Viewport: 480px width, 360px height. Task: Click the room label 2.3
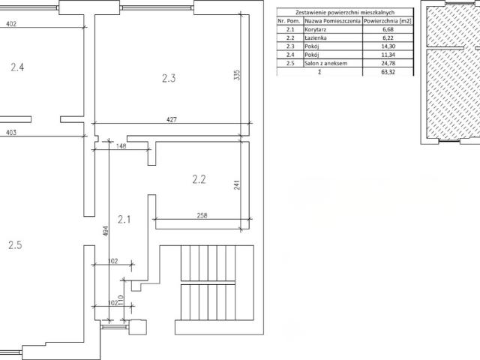click(x=169, y=78)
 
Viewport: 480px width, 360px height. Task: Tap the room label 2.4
click(x=17, y=67)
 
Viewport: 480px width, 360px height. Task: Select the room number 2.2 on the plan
click(x=199, y=179)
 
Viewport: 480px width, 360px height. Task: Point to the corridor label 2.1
click(x=124, y=219)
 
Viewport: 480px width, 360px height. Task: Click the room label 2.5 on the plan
click(x=15, y=245)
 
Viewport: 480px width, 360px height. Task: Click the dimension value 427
click(x=172, y=119)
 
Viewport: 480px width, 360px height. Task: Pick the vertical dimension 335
click(x=237, y=75)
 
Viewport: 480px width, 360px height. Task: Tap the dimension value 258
click(x=202, y=215)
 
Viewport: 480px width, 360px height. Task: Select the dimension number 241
click(x=237, y=184)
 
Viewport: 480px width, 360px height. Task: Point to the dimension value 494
click(x=106, y=231)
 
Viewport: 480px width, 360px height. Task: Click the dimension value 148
click(x=121, y=146)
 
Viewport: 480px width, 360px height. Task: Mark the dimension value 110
click(x=120, y=300)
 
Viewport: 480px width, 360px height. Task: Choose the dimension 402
click(x=11, y=23)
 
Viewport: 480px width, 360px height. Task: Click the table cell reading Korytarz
click(x=315, y=29)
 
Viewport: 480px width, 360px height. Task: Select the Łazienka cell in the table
click(x=316, y=38)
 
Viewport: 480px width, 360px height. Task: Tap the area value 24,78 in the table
click(x=388, y=63)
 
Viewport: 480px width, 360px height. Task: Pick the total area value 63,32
click(x=388, y=72)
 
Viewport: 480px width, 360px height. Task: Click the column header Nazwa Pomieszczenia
click(x=332, y=21)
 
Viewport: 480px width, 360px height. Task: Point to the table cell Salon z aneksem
click(x=326, y=63)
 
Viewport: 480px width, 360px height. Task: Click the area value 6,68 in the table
click(x=388, y=29)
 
